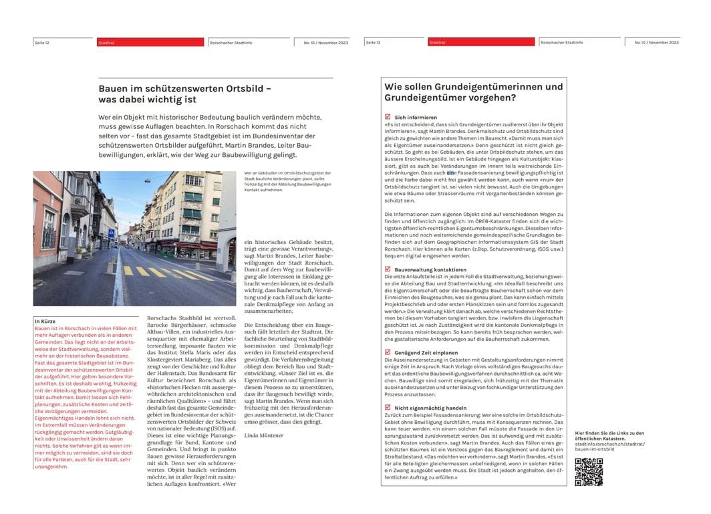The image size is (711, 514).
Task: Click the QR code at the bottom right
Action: click(x=588, y=471)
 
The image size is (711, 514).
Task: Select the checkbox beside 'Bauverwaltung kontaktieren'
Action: click(x=388, y=269)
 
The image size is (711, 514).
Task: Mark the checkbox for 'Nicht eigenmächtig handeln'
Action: click(x=388, y=406)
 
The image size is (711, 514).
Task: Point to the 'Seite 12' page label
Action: click(x=42, y=43)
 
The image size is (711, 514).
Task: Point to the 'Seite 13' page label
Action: click(x=373, y=43)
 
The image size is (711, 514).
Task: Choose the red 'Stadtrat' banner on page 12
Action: click(x=150, y=42)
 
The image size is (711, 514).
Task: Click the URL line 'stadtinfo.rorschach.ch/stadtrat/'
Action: click(x=605, y=443)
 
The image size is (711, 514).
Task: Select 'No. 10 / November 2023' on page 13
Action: click(x=656, y=43)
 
